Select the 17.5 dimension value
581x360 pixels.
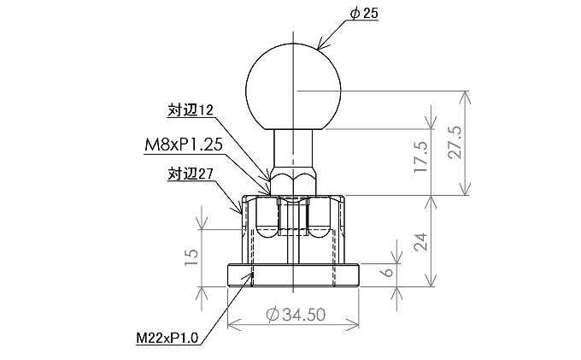(x=419, y=154)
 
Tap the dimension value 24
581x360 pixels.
(x=419, y=242)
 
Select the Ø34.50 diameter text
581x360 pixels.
(x=296, y=314)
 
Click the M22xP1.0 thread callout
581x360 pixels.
(x=167, y=338)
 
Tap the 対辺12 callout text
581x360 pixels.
(x=189, y=110)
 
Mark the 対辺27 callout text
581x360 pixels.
(x=189, y=174)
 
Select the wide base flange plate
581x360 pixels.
(x=293, y=274)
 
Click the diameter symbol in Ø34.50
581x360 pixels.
(x=272, y=314)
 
